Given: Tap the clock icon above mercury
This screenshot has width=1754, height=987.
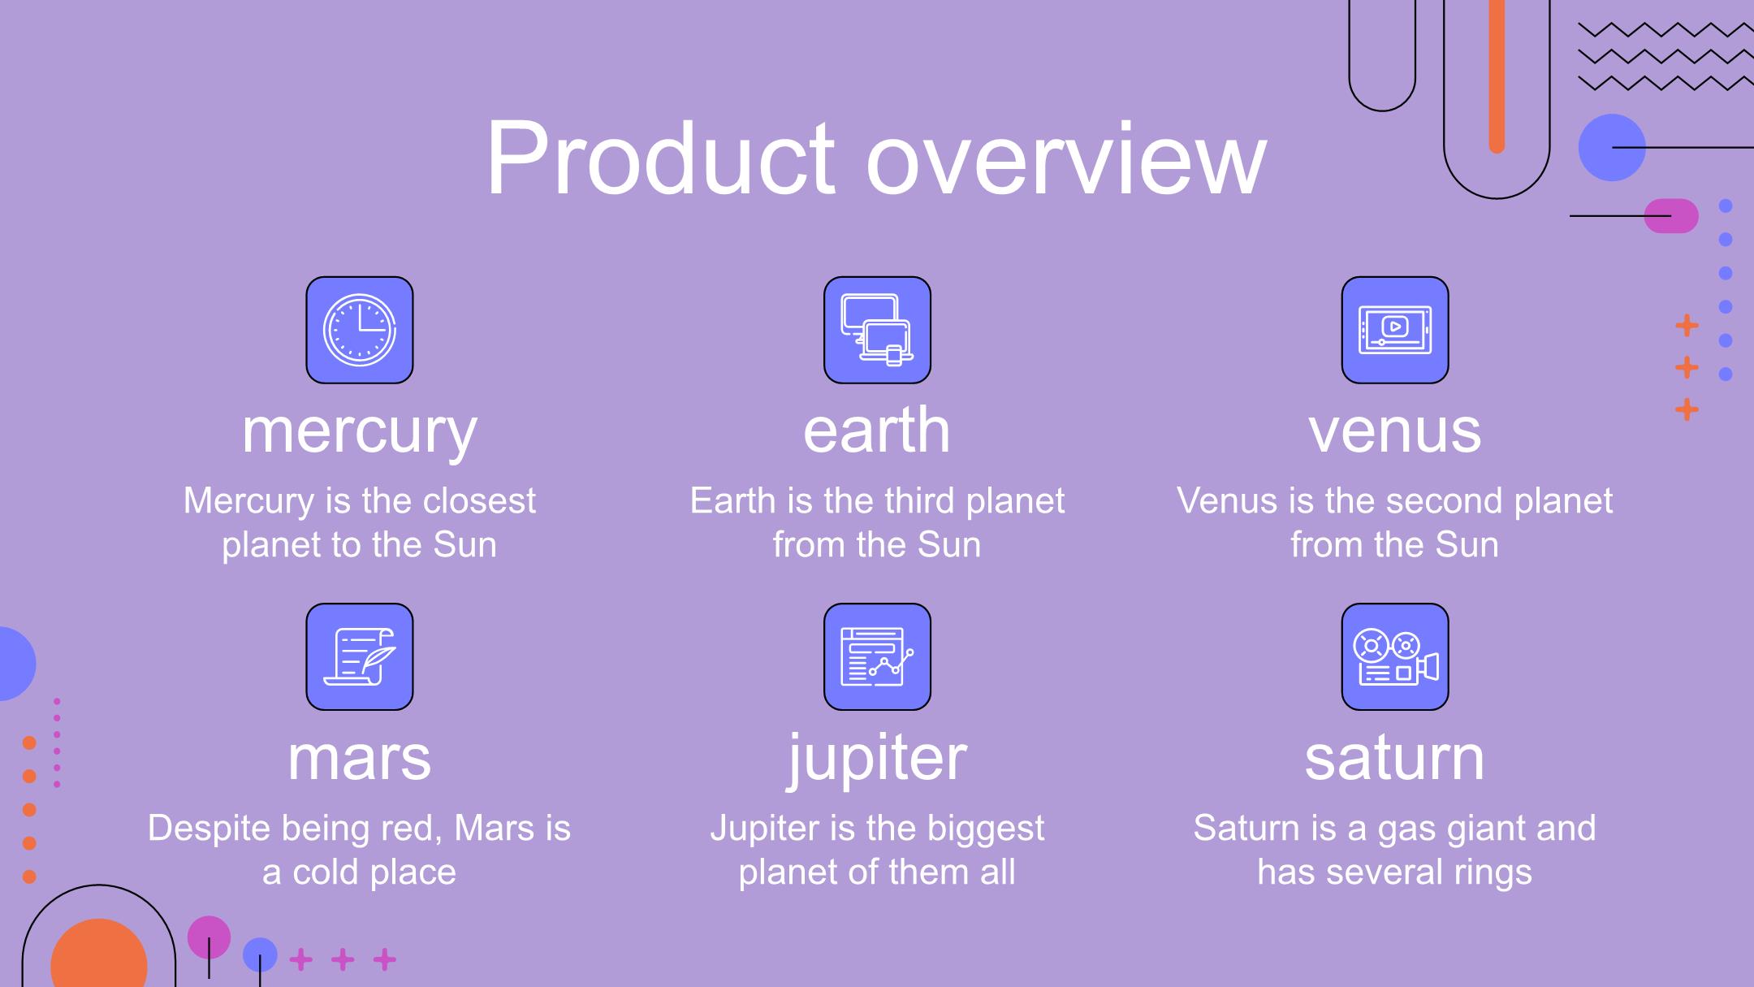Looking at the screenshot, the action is pyautogui.click(x=360, y=330).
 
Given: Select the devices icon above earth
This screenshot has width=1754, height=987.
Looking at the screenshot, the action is pyautogui.click(x=877, y=330).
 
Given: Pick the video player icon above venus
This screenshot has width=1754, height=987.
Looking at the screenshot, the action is pyautogui.click(x=1395, y=330).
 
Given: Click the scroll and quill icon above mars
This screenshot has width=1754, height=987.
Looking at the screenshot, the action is pyautogui.click(x=360, y=656).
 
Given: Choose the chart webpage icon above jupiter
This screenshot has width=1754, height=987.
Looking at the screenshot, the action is pyautogui.click(x=877, y=656).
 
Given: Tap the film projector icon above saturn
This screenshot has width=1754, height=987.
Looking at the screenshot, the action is pyautogui.click(x=1395, y=656).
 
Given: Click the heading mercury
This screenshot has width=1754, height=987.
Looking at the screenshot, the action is pyautogui.click(x=360, y=433).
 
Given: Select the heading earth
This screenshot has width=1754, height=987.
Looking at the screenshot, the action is pyautogui.click(x=877, y=430).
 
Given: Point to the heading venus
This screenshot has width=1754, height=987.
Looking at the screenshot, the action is pyautogui.click(x=1395, y=432).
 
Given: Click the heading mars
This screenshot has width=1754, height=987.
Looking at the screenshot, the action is pyautogui.click(x=360, y=759).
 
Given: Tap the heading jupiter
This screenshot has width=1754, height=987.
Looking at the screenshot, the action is pyautogui.click(x=877, y=758).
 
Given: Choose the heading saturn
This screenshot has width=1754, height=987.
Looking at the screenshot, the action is pyautogui.click(x=1395, y=757).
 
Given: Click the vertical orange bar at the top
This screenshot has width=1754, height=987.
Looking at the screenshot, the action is pyautogui.click(x=1497, y=76).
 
